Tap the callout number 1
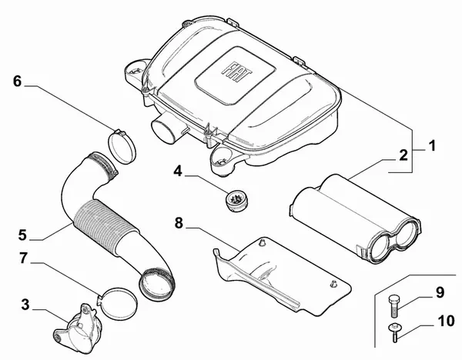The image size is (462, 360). (432, 145)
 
